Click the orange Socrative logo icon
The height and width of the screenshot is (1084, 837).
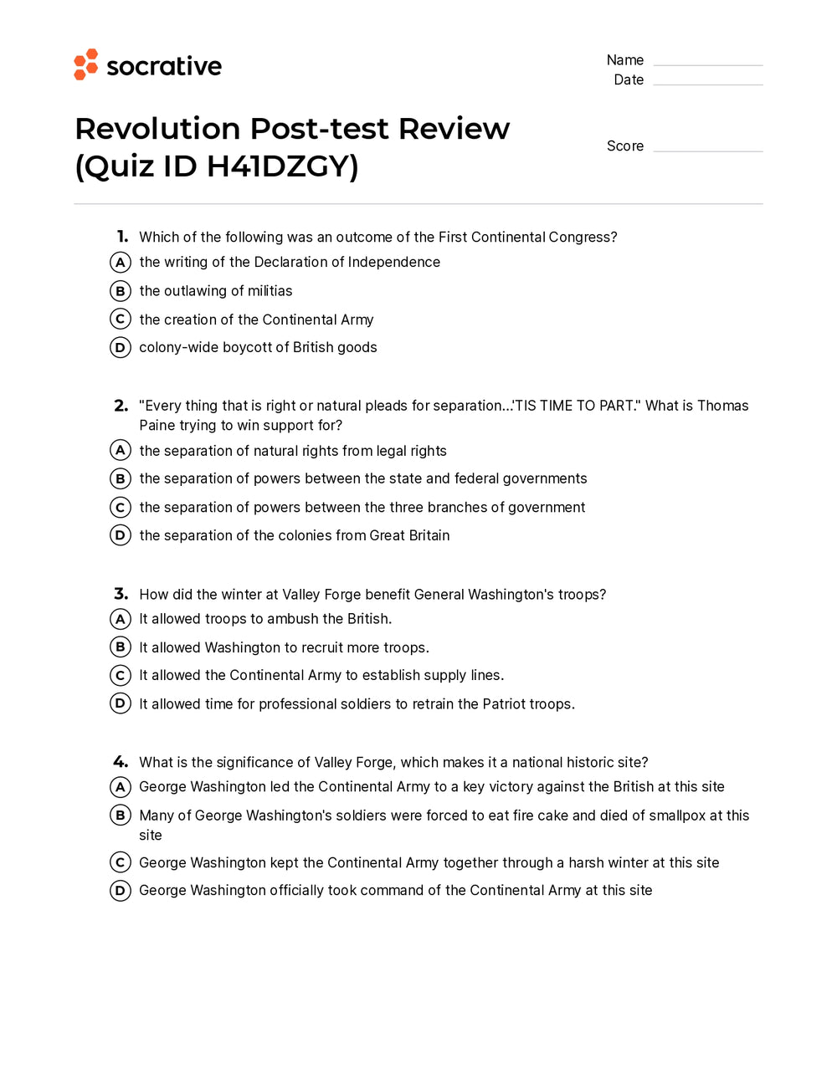tap(85, 64)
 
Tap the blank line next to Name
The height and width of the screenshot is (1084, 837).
tap(707, 63)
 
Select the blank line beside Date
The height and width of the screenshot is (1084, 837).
tap(707, 82)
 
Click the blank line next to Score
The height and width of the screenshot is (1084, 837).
tap(707, 149)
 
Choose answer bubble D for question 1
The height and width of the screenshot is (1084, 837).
tap(121, 347)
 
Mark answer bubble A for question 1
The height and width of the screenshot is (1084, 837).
tap(121, 263)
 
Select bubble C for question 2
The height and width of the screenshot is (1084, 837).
tap(121, 507)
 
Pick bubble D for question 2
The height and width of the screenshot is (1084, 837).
tap(121, 535)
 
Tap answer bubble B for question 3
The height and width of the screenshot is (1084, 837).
tap(121, 647)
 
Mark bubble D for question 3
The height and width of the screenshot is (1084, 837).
tap(121, 703)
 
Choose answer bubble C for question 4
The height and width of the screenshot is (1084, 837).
tap(121, 862)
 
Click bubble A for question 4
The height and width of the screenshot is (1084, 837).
tap(121, 787)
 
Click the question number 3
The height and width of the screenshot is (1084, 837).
tap(121, 594)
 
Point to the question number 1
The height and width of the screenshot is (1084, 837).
tap(122, 237)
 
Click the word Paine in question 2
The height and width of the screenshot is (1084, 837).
tap(157, 425)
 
